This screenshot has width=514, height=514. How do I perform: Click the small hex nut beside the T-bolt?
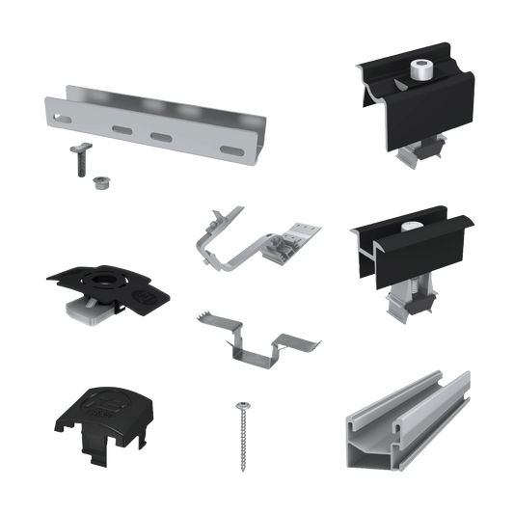tap(98, 182)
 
